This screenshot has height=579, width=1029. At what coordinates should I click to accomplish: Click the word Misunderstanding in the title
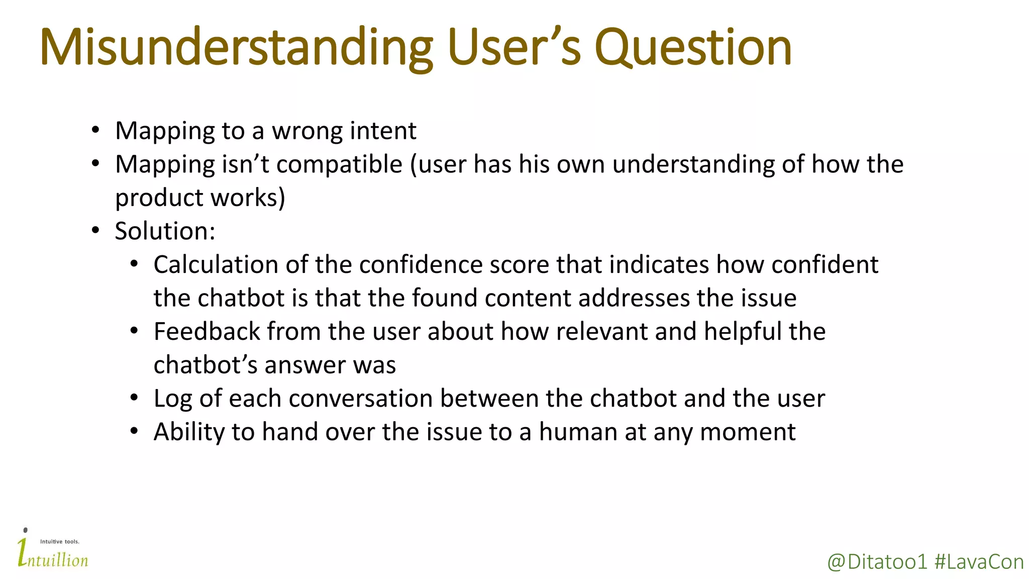tap(236, 48)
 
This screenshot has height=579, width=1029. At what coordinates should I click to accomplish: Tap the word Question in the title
tap(693, 48)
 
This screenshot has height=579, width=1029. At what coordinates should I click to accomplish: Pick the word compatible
tap(339, 165)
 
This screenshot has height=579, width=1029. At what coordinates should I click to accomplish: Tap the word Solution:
tap(165, 231)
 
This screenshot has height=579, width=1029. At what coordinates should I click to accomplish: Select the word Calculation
tap(216, 265)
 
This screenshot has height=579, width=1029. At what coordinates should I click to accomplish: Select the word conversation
tap(360, 399)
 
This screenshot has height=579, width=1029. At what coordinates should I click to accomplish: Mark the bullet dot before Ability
tap(134, 431)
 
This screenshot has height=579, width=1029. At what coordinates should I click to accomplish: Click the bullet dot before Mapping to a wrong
tap(95, 130)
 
